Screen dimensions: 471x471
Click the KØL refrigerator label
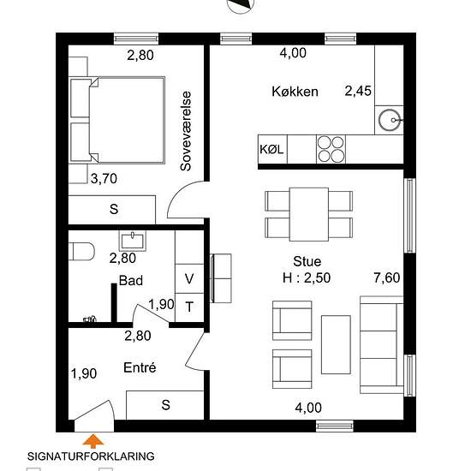271,149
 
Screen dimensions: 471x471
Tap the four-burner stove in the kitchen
331,149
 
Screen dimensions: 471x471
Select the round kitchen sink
390,120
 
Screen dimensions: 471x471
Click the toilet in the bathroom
81,251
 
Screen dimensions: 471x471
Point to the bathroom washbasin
133,241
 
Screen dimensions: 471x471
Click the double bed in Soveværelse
117,120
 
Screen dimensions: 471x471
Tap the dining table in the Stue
309,214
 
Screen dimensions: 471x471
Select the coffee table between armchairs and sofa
336,344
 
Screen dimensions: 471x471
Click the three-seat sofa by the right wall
381,344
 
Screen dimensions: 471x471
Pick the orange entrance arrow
93,441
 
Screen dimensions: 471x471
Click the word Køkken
295,92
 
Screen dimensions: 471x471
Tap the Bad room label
131,280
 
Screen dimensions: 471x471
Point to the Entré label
140,367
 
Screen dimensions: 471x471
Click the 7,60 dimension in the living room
386,277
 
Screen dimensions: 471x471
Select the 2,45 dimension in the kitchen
358,91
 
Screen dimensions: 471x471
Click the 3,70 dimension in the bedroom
104,179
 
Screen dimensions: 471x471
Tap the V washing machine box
189,278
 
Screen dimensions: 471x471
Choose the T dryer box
189,307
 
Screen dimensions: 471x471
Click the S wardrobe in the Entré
165,405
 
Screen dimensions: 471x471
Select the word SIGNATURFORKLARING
91,456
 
